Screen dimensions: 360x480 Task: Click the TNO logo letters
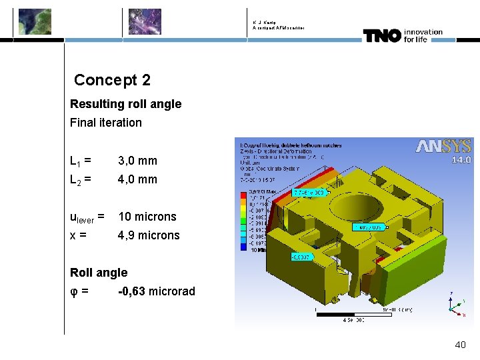pyautogui.click(x=382, y=35)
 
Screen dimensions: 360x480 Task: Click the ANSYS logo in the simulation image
pyautogui.click(x=444, y=147)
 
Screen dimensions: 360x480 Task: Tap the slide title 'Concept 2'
pyautogui.click(x=112, y=80)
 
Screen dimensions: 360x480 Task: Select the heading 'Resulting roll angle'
pyautogui.click(x=125, y=104)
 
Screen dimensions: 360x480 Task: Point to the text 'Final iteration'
pyautogui.click(x=106, y=123)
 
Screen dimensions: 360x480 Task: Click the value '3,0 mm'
pyautogui.click(x=137, y=161)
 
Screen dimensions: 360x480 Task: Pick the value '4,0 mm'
pyautogui.click(x=137, y=179)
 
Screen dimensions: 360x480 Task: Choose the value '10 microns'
pyautogui.click(x=147, y=217)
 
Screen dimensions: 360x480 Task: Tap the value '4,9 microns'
pyautogui.click(x=149, y=235)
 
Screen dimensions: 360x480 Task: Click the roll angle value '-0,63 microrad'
pyautogui.click(x=156, y=291)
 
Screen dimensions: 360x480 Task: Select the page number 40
pyautogui.click(x=460, y=345)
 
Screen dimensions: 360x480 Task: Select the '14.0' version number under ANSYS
pyautogui.click(x=461, y=160)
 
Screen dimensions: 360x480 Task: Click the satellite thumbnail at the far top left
pyautogui.click(x=34, y=21)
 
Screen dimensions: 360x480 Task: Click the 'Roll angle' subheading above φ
pyautogui.click(x=99, y=273)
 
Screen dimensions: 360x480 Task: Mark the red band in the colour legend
pyautogui.click(x=243, y=194)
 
